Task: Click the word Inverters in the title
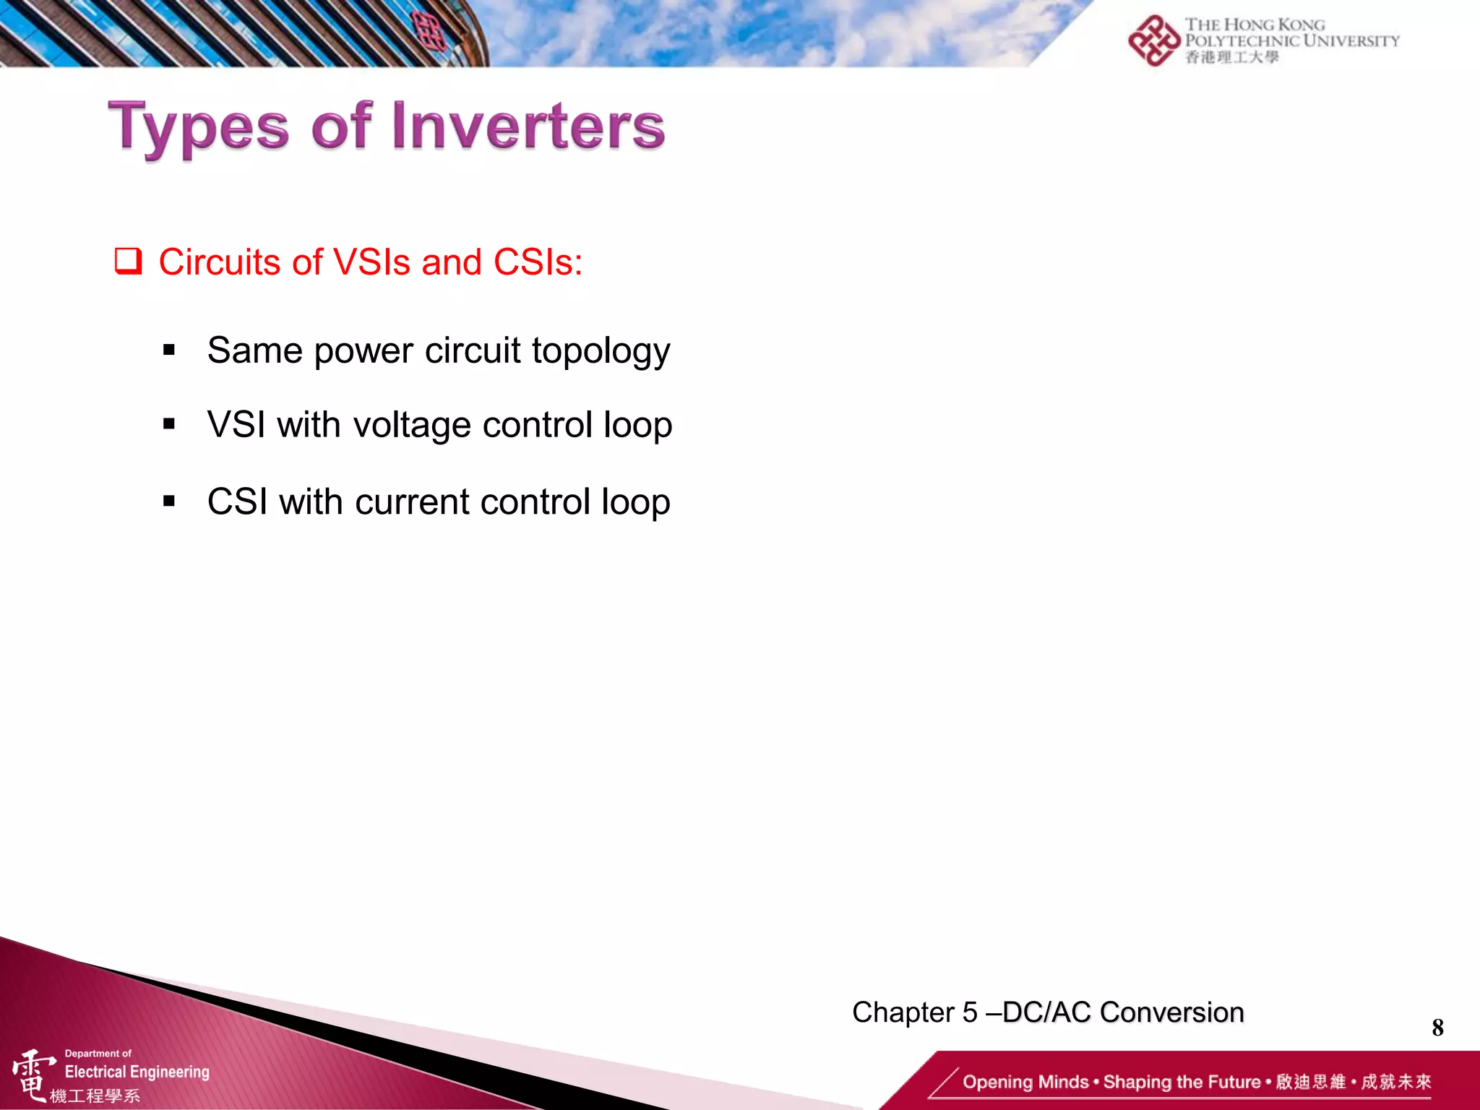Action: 528,127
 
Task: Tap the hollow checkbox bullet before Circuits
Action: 128,262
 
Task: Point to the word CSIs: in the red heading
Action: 538,262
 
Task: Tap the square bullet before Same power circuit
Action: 169,350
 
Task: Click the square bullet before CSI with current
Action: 169,501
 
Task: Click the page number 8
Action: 1437,1027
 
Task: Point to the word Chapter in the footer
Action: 903,1012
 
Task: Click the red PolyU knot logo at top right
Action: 1153,40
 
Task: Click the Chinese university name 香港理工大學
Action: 1231,57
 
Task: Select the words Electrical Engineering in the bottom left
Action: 137,1072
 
